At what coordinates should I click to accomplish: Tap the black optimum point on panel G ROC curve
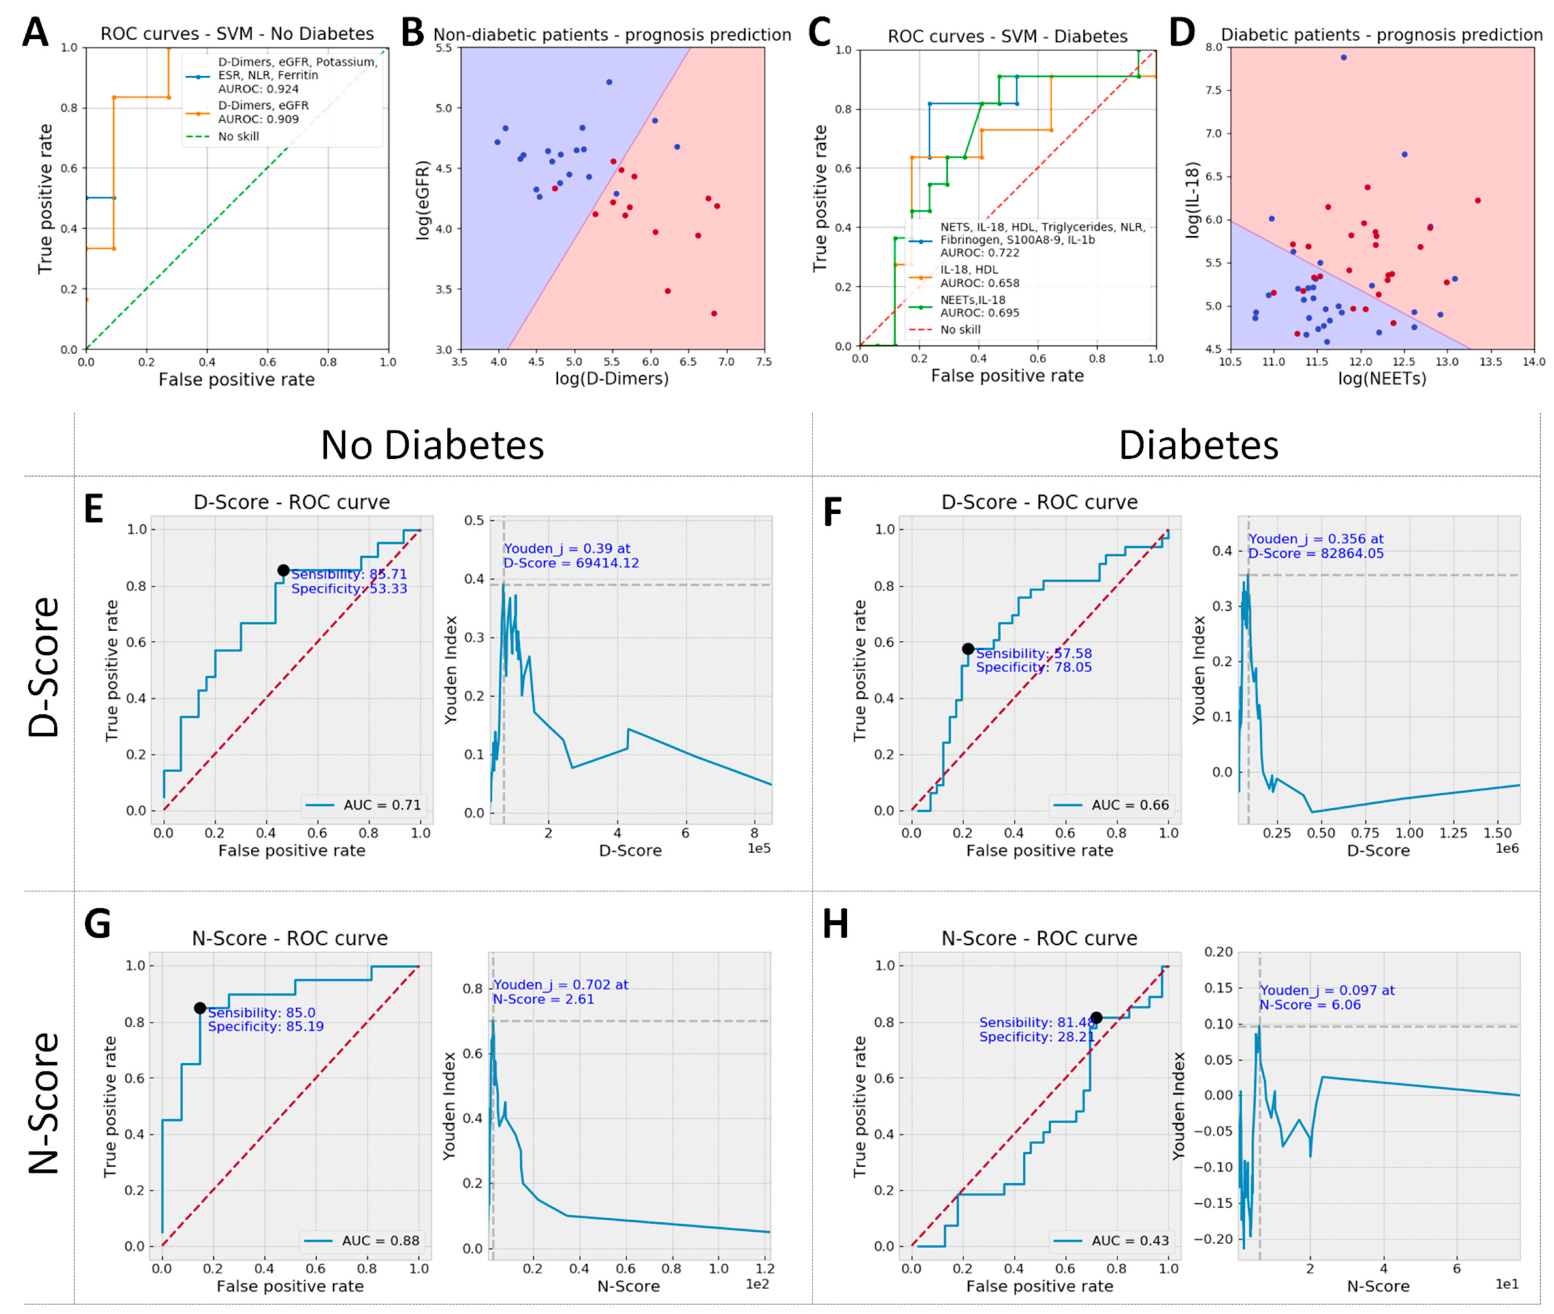pos(200,1008)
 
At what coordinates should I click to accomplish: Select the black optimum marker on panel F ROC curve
pos(968,649)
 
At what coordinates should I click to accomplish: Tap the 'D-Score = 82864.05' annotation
pos(1316,554)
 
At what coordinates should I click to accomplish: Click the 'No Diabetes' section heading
pos(432,446)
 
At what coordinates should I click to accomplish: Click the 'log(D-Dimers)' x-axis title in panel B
pos(612,379)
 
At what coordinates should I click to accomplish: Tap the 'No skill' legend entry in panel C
pos(960,329)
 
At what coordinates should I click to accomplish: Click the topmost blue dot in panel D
pos(1343,58)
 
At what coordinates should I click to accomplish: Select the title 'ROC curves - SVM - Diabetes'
pos(1007,37)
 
